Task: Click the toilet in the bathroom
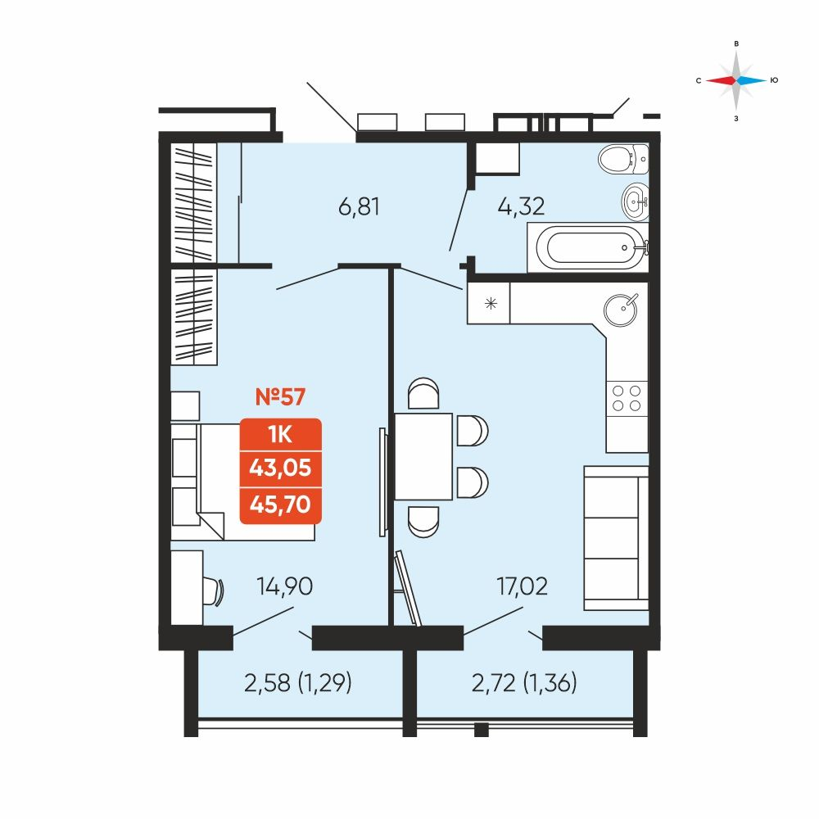click(623, 158)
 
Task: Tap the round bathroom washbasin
click(636, 200)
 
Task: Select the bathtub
click(588, 247)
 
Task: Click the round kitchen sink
click(621, 310)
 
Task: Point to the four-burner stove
click(627, 399)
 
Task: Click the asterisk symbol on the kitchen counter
click(491, 303)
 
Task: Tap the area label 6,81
click(359, 207)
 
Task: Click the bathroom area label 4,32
click(521, 206)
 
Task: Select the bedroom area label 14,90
click(285, 586)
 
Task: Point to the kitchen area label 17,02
click(523, 586)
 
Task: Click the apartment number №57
click(280, 397)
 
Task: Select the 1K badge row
click(280, 434)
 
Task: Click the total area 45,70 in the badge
click(280, 505)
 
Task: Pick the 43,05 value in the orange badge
click(280, 468)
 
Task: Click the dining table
click(423, 456)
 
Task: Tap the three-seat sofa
click(617, 538)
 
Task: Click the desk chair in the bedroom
click(214, 591)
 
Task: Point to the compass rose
click(736, 80)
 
